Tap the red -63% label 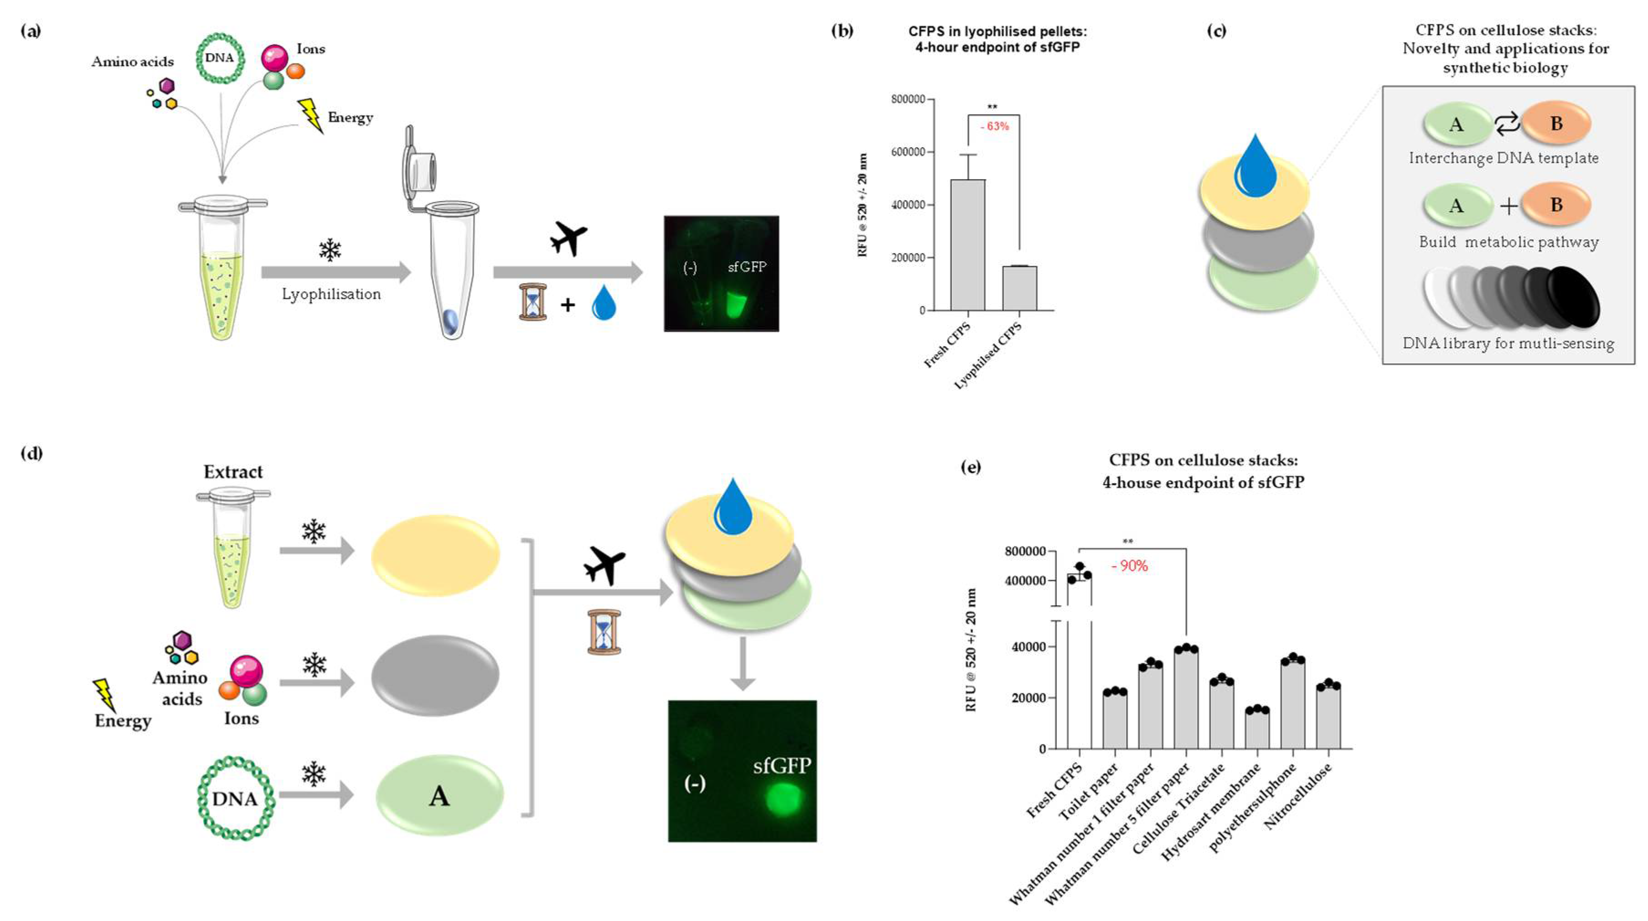(x=994, y=126)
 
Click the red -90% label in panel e (x=1129, y=566)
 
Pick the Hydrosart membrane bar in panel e (x=1256, y=729)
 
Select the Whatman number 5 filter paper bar (x=1185, y=698)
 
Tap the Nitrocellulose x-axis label (x=1299, y=797)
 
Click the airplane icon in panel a (x=568, y=238)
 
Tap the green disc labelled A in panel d (x=439, y=796)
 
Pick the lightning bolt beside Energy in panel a (x=311, y=115)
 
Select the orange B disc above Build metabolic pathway (x=1555, y=205)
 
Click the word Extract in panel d (x=233, y=472)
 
